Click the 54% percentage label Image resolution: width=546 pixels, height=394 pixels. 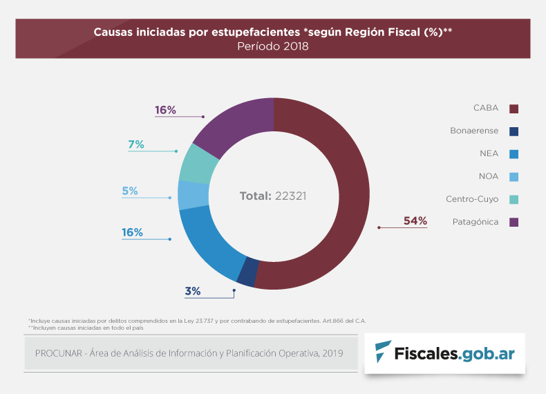(x=415, y=221)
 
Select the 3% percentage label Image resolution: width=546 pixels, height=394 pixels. (x=193, y=291)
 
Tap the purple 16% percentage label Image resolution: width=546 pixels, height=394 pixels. (x=166, y=110)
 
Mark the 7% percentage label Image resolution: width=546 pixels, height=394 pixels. (x=135, y=144)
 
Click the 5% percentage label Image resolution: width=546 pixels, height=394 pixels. (x=130, y=191)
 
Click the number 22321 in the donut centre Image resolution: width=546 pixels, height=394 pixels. (x=290, y=196)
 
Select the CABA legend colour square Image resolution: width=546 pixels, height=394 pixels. (x=514, y=109)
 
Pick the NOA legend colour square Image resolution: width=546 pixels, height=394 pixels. (x=514, y=177)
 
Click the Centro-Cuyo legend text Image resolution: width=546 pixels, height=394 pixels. (x=472, y=199)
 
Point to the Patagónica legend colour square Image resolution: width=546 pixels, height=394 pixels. (x=514, y=223)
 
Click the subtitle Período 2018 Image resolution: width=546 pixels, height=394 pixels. (x=272, y=46)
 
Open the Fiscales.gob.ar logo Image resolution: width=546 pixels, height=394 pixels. (x=444, y=353)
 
